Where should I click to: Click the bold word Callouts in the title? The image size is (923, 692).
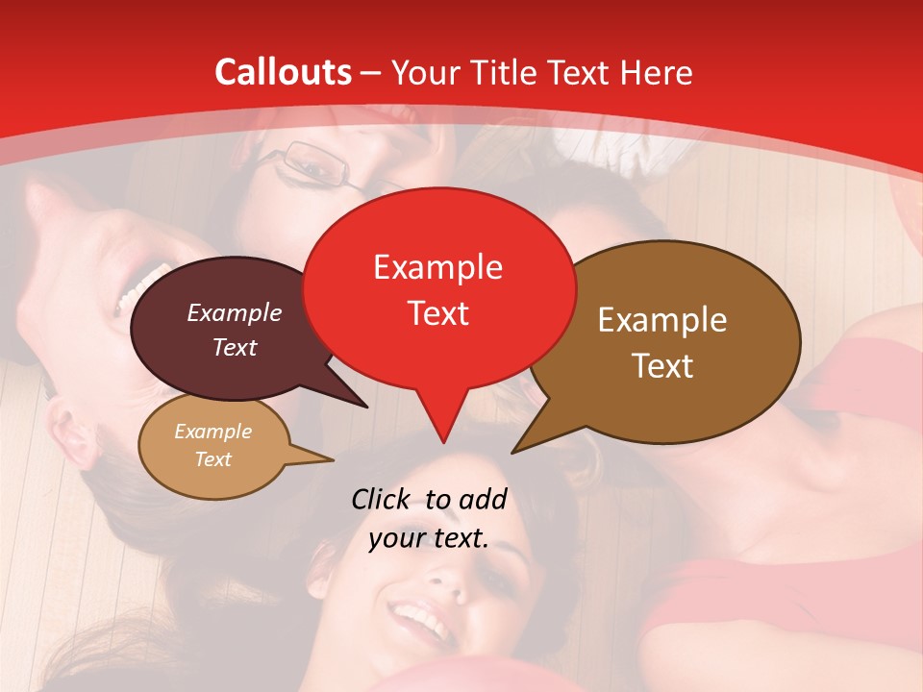(x=283, y=72)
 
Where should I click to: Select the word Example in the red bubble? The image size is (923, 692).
(x=437, y=267)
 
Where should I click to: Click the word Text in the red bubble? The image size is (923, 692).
(x=438, y=313)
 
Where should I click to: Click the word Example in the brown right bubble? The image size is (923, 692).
(x=662, y=320)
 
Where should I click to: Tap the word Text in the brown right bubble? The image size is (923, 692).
(x=662, y=366)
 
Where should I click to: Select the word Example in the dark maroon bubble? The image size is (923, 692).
(x=234, y=312)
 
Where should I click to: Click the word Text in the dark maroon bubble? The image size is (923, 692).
(x=234, y=347)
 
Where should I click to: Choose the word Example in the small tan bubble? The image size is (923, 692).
(x=212, y=432)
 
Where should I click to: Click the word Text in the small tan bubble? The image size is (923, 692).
(x=212, y=459)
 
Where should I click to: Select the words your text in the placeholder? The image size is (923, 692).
(x=429, y=539)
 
